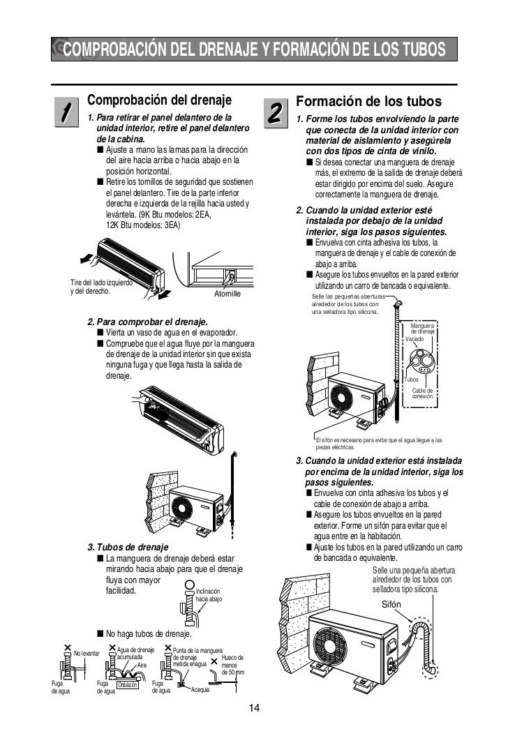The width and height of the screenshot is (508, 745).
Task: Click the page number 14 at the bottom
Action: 254,709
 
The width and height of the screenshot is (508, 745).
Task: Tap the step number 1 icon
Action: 64,112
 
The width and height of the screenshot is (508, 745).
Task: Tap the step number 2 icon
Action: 274,112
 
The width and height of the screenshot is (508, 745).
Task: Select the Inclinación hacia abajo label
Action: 209,594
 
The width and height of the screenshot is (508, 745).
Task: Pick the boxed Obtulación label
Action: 126,685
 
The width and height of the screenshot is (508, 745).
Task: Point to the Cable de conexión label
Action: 422,393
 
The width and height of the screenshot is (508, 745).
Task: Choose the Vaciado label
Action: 414,338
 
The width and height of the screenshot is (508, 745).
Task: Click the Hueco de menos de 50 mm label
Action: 232,665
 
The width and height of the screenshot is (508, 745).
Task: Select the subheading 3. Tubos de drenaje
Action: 127,546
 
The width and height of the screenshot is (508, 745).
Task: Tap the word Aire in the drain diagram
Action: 142,665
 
